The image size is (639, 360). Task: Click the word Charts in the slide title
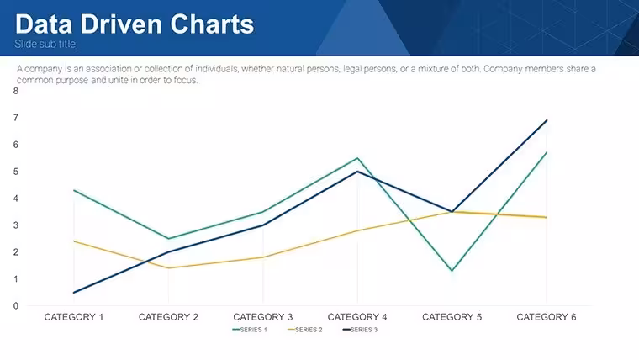(x=212, y=24)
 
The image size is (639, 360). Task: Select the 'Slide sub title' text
(x=45, y=44)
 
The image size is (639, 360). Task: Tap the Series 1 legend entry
(x=250, y=330)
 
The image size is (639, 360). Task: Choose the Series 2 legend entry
(x=305, y=330)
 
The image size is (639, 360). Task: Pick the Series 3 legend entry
(x=360, y=330)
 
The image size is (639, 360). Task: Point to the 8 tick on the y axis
(x=16, y=91)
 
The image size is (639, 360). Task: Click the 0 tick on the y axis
(x=16, y=306)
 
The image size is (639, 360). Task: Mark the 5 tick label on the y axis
(x=16, y=172)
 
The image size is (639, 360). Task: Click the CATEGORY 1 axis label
(x=74, y=317)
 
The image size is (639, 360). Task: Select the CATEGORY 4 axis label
(x=357, y=317)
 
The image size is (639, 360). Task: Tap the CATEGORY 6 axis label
(x=547, y=317)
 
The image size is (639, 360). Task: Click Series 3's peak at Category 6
(x=547, y=120)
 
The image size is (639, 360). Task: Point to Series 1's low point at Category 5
(x=452, y=271)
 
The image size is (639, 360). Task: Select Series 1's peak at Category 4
(x=357, y=158)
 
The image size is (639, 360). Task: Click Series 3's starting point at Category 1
(x=74, y=293)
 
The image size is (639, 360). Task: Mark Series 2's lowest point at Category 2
(x=168, y=267)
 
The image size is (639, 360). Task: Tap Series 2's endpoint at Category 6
(x=547, y=217)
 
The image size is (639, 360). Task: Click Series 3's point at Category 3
(x=263, y=225)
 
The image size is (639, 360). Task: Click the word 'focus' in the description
(x=186, y=80)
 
